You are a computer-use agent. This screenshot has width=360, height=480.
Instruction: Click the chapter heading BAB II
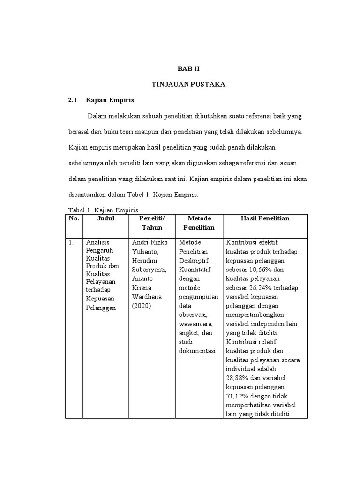click(x=188, y=68)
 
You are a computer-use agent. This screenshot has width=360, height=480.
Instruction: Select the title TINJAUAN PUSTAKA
click(x=188, y=84)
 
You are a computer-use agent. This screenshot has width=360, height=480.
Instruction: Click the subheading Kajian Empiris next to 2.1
click(x=110, y=100)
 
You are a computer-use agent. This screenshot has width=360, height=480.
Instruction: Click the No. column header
click(x=74, y=218)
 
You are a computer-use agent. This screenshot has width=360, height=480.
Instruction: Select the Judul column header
click(x=105, y=218)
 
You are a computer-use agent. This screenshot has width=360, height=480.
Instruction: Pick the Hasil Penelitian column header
click(x=265, y=218)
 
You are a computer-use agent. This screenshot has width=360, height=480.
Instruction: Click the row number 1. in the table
click(x=71, y=243)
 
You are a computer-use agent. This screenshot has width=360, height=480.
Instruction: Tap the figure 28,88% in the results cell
click(x=238, y=378)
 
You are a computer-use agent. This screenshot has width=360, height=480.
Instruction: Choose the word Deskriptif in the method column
click(x=194, y=261)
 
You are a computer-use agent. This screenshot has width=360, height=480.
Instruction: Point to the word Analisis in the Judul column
click(x=97, y=243)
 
